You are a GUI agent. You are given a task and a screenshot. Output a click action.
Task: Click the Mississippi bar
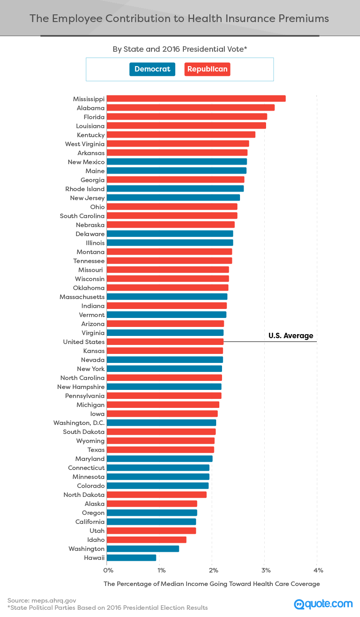point(196,99)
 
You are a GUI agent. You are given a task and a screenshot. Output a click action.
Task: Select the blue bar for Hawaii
point(131,558)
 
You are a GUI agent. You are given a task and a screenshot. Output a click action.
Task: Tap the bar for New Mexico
point(177,162)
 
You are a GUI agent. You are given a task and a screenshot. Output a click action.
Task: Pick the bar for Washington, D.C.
point(161,423)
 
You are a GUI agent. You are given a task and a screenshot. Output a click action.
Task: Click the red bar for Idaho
point(147,540)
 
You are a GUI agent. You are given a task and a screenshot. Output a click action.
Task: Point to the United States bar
point(165,342)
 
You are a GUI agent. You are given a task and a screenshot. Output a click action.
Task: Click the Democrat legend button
point(152,69)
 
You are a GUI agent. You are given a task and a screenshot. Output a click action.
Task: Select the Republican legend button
point(207,69)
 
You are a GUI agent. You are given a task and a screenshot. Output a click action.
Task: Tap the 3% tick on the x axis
point(266,570)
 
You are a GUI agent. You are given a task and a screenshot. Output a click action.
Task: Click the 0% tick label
point(108,570)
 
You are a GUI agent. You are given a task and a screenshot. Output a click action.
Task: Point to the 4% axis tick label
point(318,570)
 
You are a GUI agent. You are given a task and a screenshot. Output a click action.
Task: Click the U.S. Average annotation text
point(291,335)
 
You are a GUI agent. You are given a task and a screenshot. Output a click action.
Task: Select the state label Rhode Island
point(85,189)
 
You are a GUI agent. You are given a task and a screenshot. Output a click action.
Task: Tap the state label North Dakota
point(84,495)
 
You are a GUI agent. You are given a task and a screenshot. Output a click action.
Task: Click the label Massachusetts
point(82,297)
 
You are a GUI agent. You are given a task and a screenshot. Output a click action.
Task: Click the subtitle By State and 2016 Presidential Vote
point(180,49)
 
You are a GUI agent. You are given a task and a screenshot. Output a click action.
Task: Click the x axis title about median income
point(212,584)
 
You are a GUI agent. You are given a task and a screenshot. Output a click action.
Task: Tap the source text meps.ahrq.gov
point(53,600)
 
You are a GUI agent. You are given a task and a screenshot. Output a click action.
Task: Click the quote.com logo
point(323,604)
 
